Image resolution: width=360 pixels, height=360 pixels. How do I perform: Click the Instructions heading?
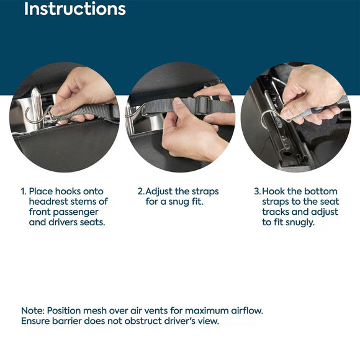(75, 9)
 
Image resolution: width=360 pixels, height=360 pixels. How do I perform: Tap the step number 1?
(24, 191)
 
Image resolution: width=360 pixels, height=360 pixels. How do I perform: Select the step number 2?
(141, 191)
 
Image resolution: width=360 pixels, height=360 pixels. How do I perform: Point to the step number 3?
(258, 191)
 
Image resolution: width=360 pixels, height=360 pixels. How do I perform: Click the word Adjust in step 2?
(159, 192)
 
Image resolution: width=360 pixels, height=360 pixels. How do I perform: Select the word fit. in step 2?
(197, 202)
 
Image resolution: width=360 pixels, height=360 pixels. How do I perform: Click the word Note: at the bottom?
(33, 310)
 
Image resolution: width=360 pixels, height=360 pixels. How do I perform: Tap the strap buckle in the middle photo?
(202, 105)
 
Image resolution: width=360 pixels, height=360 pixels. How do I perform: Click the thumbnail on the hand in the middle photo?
(178, 102)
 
